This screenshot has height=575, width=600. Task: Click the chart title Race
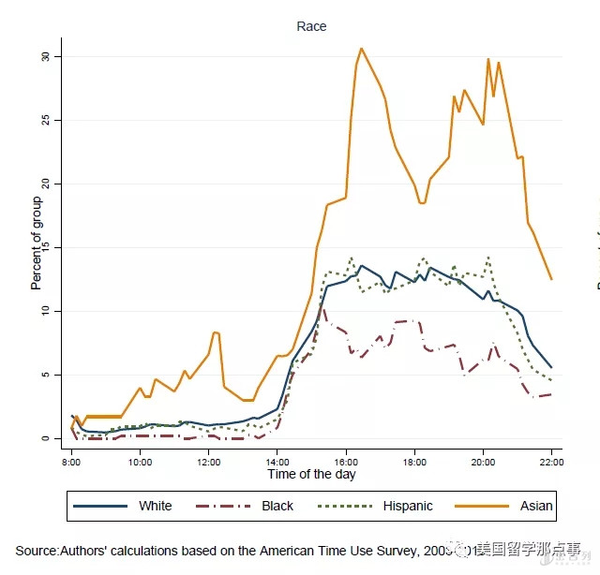(311, 26)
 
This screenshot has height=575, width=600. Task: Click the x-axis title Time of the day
(310, 474)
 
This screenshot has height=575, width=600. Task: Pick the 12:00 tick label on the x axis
(208, 462)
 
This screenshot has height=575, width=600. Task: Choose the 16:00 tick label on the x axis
(345, 462)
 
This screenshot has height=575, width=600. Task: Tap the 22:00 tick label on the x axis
(551, 462)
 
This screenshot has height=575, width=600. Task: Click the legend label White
(156, 506)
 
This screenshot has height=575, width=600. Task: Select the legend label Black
(277, 506)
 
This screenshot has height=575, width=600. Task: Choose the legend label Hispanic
(408, 506)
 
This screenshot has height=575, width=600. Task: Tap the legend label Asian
(536, 506)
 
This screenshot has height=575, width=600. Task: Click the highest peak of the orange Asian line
(362, 49)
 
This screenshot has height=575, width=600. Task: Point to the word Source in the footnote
(37, 549)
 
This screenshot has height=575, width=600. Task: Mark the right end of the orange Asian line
(551, 279)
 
